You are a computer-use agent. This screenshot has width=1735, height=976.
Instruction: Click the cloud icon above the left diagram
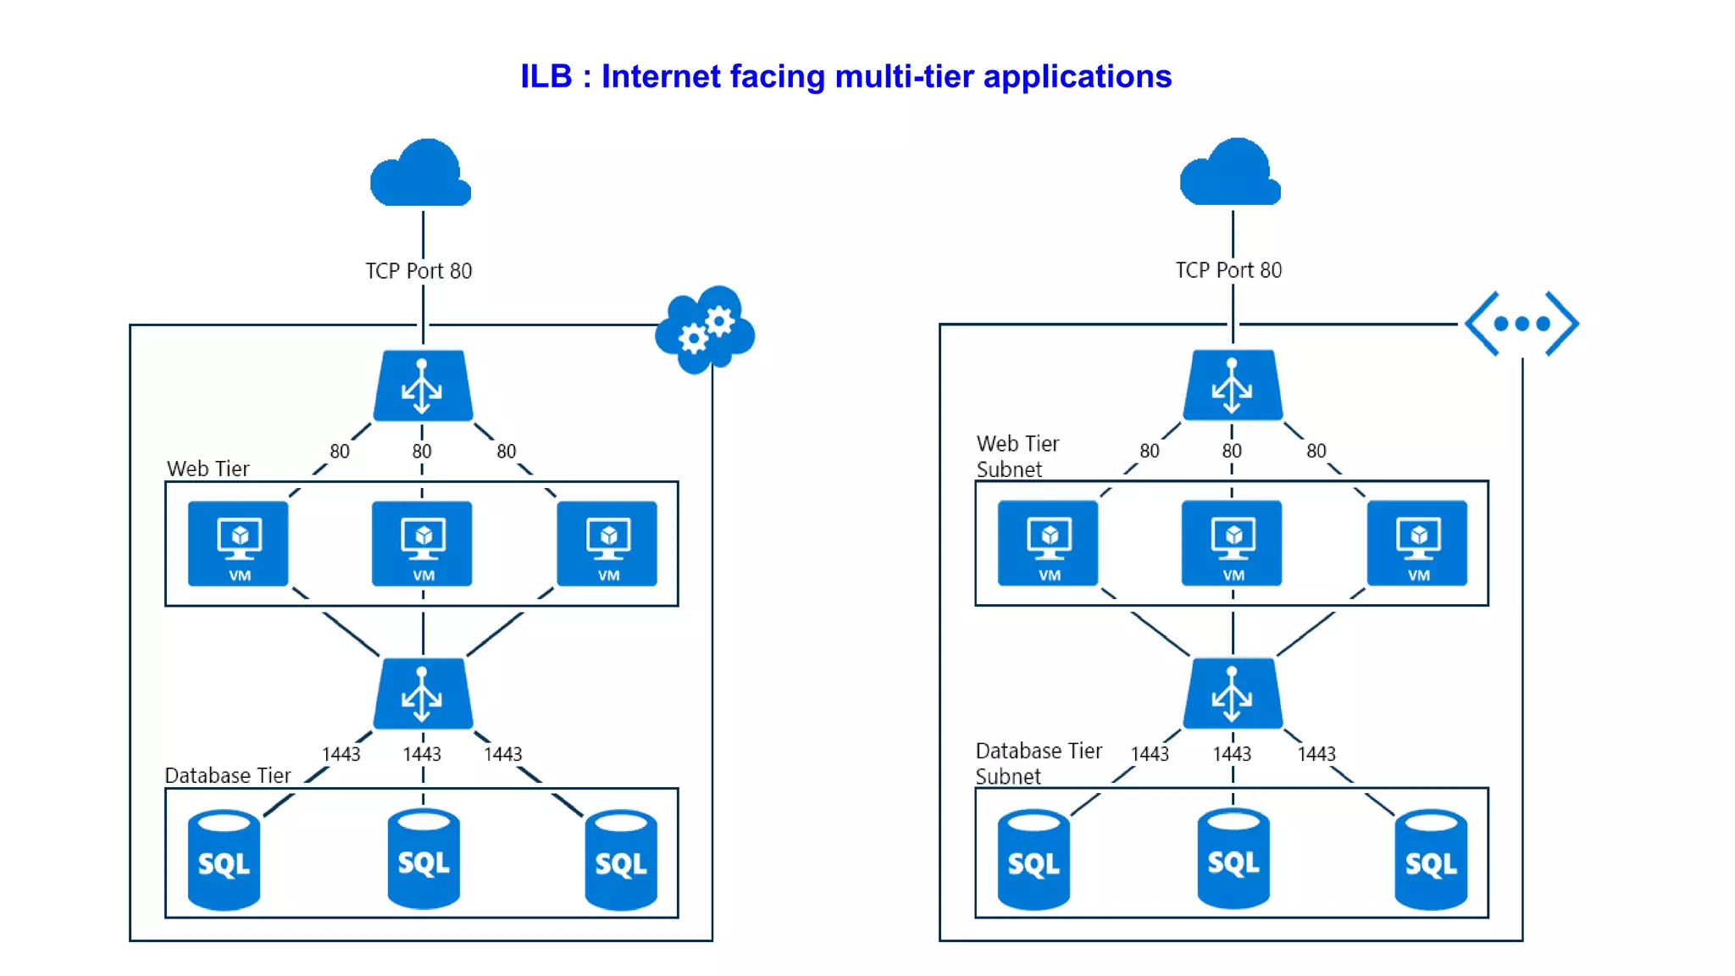[421, 174]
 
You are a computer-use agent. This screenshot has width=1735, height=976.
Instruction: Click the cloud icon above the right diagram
[1230, 173]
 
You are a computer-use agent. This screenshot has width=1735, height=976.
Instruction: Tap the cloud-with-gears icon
[705, 330]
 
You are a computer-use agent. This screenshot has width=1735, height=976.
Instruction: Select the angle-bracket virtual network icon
[1522, 324]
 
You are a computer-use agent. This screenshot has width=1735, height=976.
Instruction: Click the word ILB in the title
[546, 76]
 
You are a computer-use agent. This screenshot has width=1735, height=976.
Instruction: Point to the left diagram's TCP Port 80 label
[419, 271]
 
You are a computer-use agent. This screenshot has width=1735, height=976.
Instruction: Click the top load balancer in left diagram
[423, 386]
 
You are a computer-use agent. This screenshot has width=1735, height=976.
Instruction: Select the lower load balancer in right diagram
[1233, 693]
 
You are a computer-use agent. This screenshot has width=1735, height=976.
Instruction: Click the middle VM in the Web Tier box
[423, 543]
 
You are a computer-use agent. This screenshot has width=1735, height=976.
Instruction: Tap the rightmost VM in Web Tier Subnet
[1417, 543]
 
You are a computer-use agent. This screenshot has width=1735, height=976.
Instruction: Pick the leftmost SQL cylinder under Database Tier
[224, 860]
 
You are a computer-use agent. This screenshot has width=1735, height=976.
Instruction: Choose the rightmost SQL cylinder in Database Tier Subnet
[1431, 860]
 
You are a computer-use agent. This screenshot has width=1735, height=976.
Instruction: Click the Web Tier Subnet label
[1017, 456]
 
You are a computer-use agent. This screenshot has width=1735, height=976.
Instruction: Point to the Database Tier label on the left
[227, 775]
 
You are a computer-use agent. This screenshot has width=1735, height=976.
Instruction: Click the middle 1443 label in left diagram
[422, 754]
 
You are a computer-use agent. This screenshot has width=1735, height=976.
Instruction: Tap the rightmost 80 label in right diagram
[1316, 451]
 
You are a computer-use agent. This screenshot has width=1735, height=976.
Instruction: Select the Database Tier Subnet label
[1038, 763]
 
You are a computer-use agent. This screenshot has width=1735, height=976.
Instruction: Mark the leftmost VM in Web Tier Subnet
[1048, 543]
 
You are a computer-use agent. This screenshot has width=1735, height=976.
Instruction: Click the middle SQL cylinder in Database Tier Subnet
[1233, 860]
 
